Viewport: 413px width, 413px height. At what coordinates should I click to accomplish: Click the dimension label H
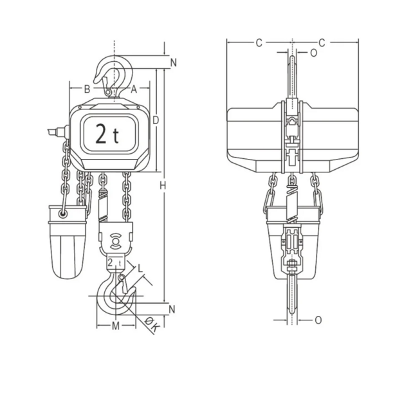click(163, 186)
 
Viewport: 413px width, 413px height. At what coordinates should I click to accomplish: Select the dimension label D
click(156, 120)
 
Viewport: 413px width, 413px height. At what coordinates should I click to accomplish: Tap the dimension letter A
click(134, 89)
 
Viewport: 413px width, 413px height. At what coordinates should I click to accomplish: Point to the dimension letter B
click(87, 89)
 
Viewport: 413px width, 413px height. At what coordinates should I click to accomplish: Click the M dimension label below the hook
click(116, 326)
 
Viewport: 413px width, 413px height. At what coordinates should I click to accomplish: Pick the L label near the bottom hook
click(141, 267)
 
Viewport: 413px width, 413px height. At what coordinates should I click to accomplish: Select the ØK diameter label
click(153, 327)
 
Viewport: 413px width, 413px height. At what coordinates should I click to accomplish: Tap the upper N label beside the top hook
click(173, 62)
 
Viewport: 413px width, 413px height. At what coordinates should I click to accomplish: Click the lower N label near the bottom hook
click(172, 309)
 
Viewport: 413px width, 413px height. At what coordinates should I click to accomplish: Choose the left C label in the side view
click(259, 43)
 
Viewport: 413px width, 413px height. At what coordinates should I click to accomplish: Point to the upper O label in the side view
click(313, 53)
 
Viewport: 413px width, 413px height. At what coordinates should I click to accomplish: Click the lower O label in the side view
click(318, 320)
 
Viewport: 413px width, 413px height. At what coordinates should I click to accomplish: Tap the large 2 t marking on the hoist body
click(107, 134)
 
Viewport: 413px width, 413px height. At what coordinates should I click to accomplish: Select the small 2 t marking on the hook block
click(116, 263)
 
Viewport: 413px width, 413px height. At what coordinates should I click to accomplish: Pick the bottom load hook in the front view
click(116, 297)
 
